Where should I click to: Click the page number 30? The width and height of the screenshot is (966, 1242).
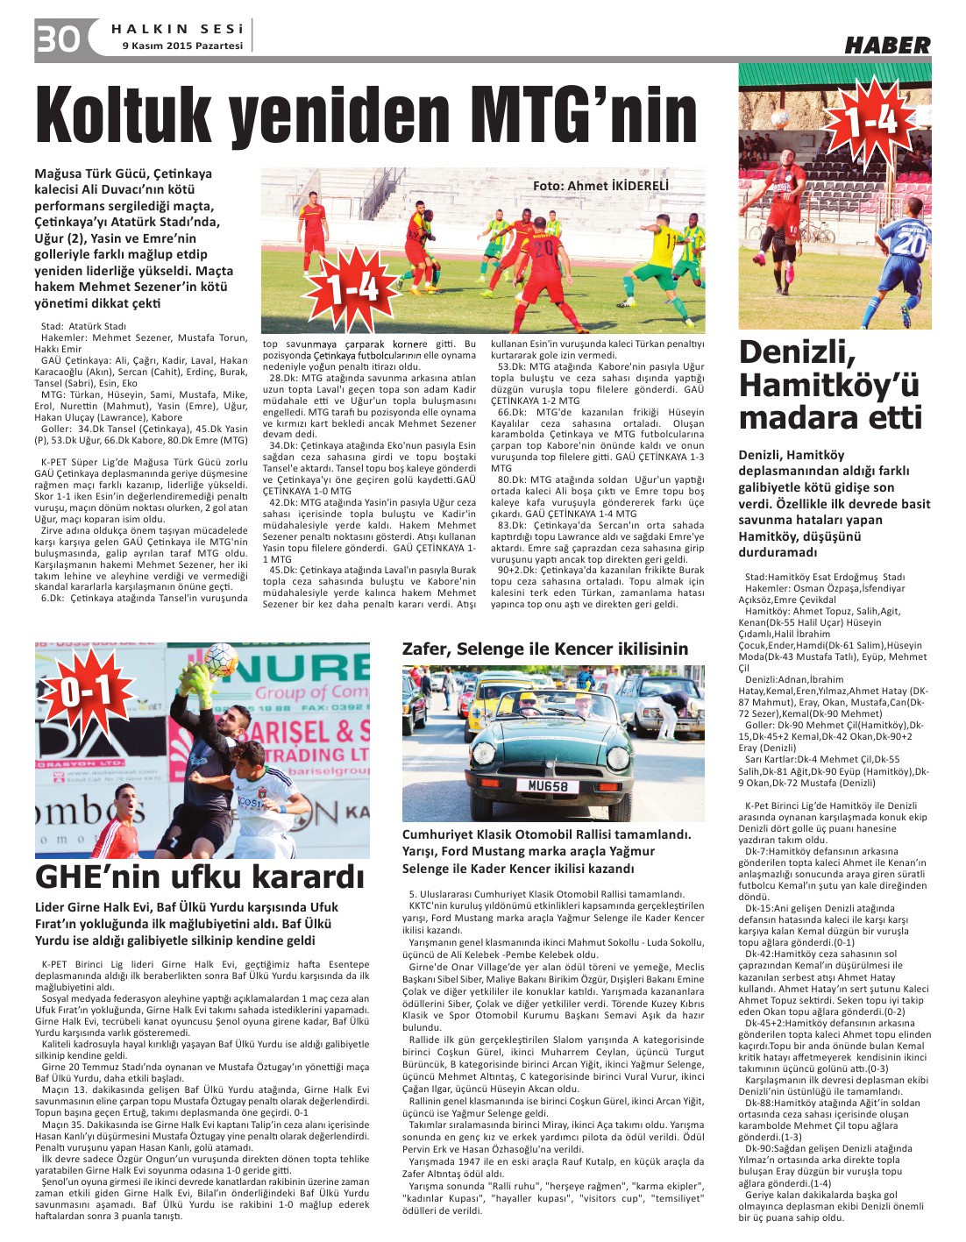[x=57, y=39]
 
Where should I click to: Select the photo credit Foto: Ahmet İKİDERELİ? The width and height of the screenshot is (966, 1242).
[x=600, y=186]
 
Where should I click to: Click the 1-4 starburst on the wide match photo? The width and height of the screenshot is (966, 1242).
[x=353, y=287]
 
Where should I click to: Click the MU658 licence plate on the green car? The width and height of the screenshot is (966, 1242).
[x=547, y=786]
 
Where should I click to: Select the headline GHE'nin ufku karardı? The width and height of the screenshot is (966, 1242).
[x=200, y=876]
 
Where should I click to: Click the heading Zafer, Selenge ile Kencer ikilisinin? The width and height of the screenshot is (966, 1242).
[x=544, y=649]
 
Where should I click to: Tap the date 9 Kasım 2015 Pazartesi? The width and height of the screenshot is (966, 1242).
[x=182, y=46]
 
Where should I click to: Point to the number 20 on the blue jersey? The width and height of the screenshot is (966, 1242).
[x=909, y=243]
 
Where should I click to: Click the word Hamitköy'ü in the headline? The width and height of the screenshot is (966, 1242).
[x=828, y=385]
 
